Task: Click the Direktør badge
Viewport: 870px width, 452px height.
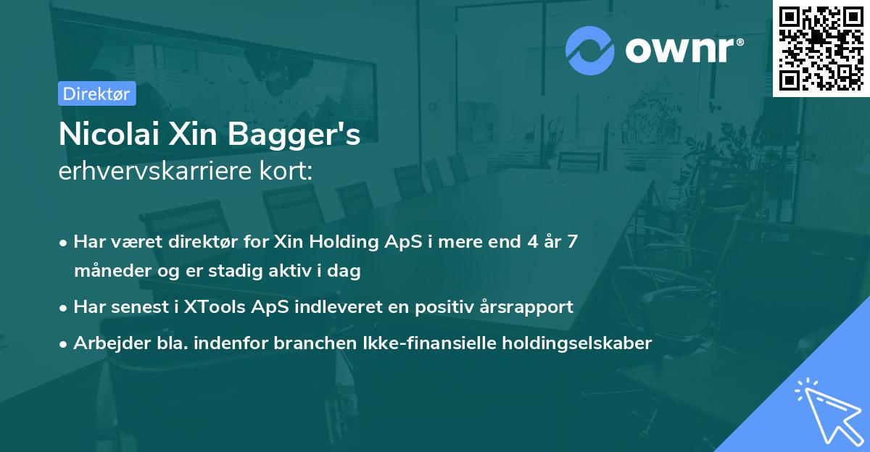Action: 96,93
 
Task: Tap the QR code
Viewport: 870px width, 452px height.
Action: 821,49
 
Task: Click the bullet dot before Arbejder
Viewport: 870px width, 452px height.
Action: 65,344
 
